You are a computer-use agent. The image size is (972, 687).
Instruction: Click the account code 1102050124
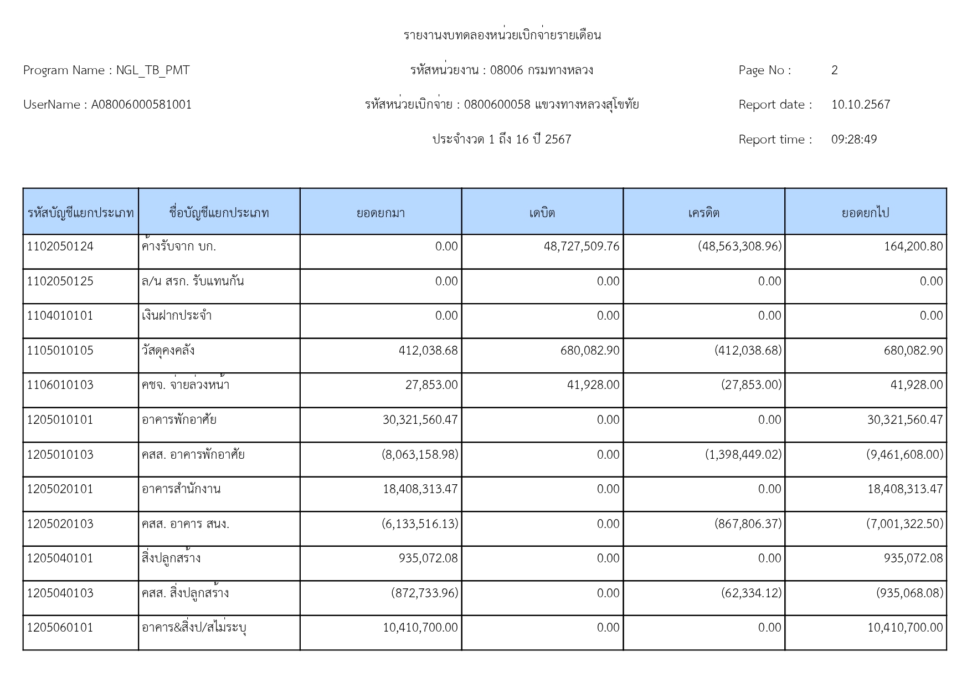click(60, 247)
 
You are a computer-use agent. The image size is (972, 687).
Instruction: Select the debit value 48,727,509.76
click(582, 247)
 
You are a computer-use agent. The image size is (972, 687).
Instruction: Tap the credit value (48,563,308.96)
click(739, 247)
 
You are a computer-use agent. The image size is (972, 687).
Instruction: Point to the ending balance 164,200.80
click(913, 247)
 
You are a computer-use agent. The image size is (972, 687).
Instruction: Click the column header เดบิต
click(542, 213)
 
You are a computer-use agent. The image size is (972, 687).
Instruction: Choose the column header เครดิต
click(703, 213)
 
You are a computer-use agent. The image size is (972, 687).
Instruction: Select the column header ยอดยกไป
click(865, 213)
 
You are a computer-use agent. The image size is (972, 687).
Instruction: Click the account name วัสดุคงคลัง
click(168, 351)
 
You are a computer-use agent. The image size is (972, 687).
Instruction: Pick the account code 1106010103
click(60, 385)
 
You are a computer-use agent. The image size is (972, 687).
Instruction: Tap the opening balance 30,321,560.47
click(420, 420)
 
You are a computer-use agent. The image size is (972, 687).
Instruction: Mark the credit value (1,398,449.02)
click(743, 455)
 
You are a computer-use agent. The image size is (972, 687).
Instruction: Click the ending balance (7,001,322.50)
click(904, 524)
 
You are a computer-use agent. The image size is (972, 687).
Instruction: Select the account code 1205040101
click(60, 558)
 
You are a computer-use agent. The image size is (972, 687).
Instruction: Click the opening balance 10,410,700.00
click(420, 628)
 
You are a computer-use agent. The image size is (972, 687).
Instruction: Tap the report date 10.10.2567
click(860, 105)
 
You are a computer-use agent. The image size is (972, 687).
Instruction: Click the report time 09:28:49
click(853, 140)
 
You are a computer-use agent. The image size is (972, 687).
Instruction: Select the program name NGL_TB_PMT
click(152, 70)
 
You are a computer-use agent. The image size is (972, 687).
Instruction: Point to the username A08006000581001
click(141, 105)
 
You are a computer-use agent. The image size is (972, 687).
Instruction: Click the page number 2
click(834, 70)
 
